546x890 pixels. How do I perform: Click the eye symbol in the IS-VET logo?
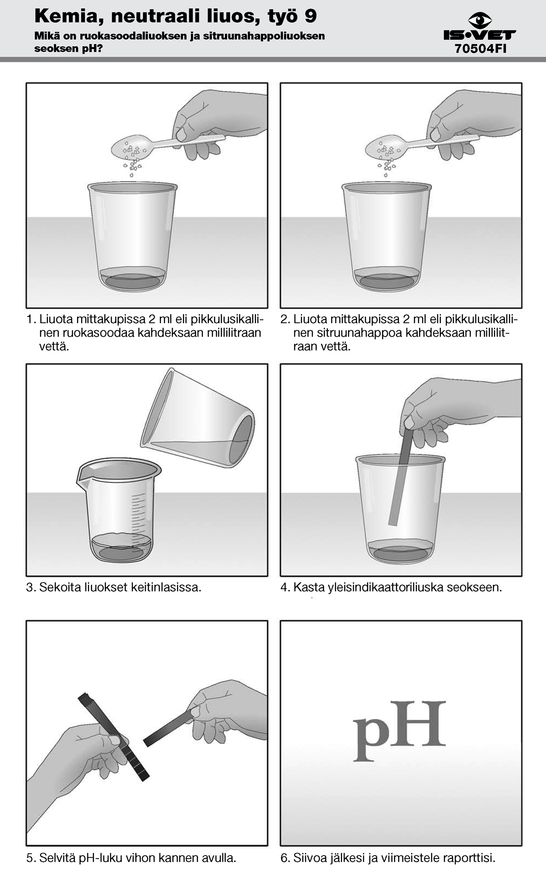[480, 20]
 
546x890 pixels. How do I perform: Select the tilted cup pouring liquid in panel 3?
[198, 418]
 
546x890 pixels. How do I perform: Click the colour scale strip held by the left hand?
[113, 737]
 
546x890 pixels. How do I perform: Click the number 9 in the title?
[310, 16]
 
